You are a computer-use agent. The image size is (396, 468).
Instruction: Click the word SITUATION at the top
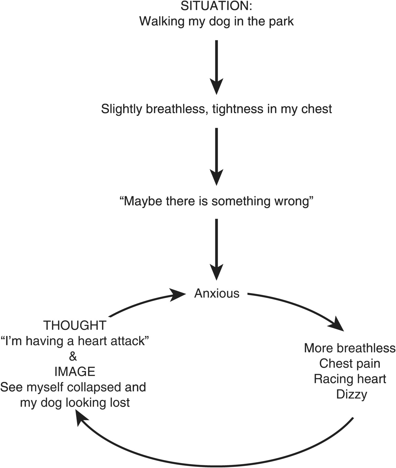(216, 6)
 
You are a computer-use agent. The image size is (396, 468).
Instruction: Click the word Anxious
(217, 293)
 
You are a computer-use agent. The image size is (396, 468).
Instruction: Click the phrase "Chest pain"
(350, 364)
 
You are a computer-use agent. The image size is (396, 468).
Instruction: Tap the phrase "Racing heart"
(350, 379)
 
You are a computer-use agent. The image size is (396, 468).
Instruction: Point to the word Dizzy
(352, 394)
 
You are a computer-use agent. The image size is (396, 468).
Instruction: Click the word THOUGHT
(75, 325)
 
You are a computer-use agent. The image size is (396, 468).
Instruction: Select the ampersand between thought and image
(73, 357)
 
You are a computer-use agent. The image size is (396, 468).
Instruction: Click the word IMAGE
(75, 372)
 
